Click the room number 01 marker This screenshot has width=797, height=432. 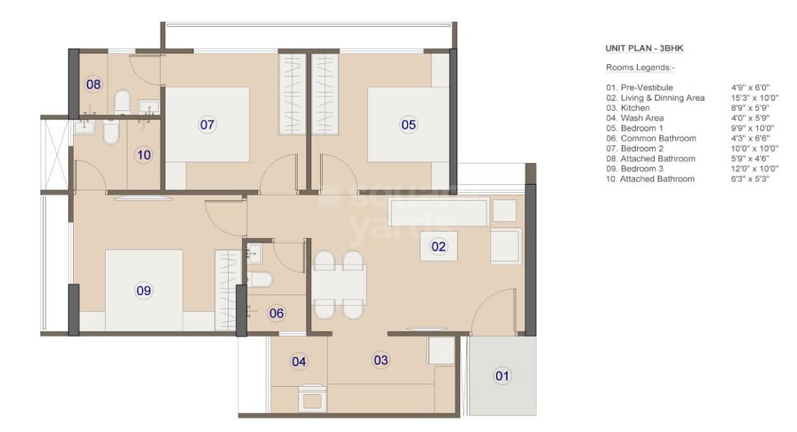pyautogui.click(x=502, y=376)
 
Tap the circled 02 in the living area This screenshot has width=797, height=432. pyautogui.click(x=438, y=247)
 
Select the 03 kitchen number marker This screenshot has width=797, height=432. pyautogui.click(x=381, y=361)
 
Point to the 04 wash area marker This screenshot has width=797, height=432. pyautogui.click(x=299, y=362)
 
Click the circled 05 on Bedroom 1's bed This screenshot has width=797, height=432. pyautogui.click(x=408, y=124)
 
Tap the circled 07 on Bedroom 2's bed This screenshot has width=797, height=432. pyautogui.click(x=207, y=124)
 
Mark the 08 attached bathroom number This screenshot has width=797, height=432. pyautogui.click(x=94, y=84)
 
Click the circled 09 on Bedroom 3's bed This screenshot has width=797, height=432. pyautogui.click(x=143, y=290)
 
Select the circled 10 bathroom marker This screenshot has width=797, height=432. pyautogui.click(x=143, y=156)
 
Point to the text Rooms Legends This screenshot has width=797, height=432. pyautogui.click(x=640, y=68)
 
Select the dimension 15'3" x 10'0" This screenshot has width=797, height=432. pyautogui.click(x=751, y=98)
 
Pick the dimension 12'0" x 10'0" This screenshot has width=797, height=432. pyautogui.click(x=750, y=169)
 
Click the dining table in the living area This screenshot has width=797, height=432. pyautogui.click(x=339, y=284)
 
